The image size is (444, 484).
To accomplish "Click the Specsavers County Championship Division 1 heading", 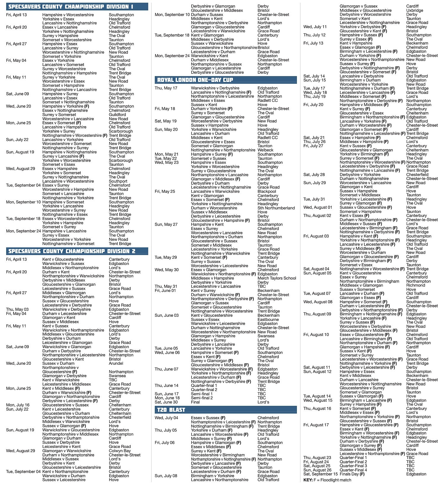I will [x=71, y=7].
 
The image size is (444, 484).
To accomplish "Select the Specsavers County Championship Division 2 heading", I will [x=72, y=251].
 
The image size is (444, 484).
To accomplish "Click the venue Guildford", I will [x=117, y=115].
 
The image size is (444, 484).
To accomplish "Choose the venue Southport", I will [x=118, y=181].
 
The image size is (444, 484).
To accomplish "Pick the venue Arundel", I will [x=116, y=363].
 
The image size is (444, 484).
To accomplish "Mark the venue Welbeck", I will [x=266, y=150].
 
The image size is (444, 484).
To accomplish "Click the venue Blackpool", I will [x=267, y=192].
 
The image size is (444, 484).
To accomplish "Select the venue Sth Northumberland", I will [x=276, y=208].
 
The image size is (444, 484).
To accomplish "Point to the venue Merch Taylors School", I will [x=277, y=278].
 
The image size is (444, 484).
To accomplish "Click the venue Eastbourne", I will [x=268, y=320].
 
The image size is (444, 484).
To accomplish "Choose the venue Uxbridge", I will [x=415, y=10].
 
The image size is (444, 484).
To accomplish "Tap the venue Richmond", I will [x=416, y=285].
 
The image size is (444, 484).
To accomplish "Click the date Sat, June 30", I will [x=166, y=402].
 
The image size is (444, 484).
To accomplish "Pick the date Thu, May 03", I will [x=17, y=309].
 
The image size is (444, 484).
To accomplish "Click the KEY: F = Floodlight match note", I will [x=327, y=480].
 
